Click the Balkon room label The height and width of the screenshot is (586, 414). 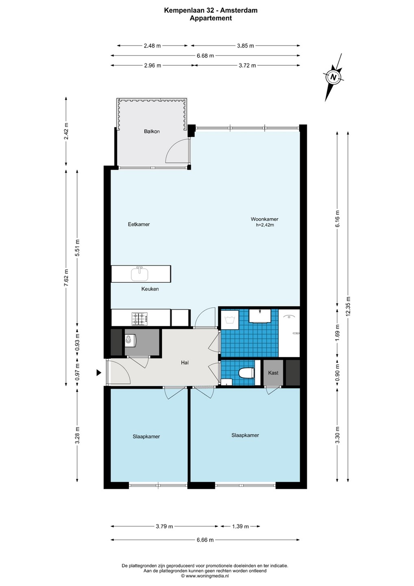(152, 131)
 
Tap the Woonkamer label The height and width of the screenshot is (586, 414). (264, 219)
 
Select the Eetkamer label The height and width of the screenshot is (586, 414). (139, 224)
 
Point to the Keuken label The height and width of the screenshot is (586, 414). (150, 289)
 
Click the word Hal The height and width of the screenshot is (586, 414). (185, 363)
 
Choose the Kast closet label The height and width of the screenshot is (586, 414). (273, 373)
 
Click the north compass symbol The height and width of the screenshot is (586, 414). (333, 77)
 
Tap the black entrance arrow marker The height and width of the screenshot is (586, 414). (99, 372)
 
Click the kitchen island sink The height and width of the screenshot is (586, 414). (139, 273)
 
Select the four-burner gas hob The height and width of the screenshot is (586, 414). (139, 319)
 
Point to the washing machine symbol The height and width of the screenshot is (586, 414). (230, 320)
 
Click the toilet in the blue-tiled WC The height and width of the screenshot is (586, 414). (246, 372)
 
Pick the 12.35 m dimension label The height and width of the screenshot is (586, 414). (348, 306)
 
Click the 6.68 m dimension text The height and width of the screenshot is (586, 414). (205, 56)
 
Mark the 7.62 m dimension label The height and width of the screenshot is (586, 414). (66, 278)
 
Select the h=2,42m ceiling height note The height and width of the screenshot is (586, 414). (265, 225)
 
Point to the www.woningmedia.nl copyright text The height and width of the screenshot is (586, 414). (205, 576)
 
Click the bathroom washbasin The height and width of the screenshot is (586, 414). (260, 316)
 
